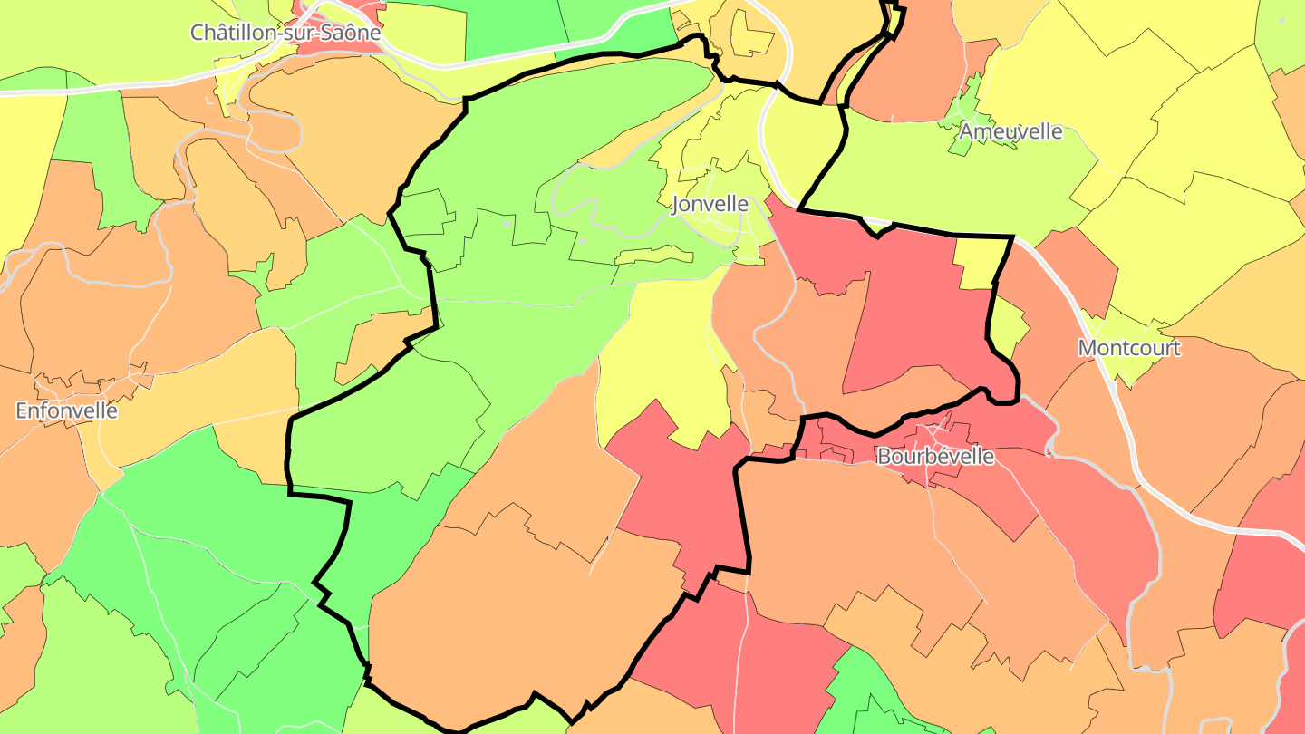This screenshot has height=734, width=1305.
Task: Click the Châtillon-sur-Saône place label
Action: [x=285, y=33]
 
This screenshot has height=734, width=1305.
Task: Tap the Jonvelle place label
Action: [x=710, y=205]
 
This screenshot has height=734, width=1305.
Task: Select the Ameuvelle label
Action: [x=1010, y=131]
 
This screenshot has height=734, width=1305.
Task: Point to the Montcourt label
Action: [x=1129, y=348]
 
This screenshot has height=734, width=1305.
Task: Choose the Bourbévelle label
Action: [x=935, y=457]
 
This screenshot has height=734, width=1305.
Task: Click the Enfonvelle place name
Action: [x=67, y=410]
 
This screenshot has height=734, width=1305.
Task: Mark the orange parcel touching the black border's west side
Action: [x=376, y=340]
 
